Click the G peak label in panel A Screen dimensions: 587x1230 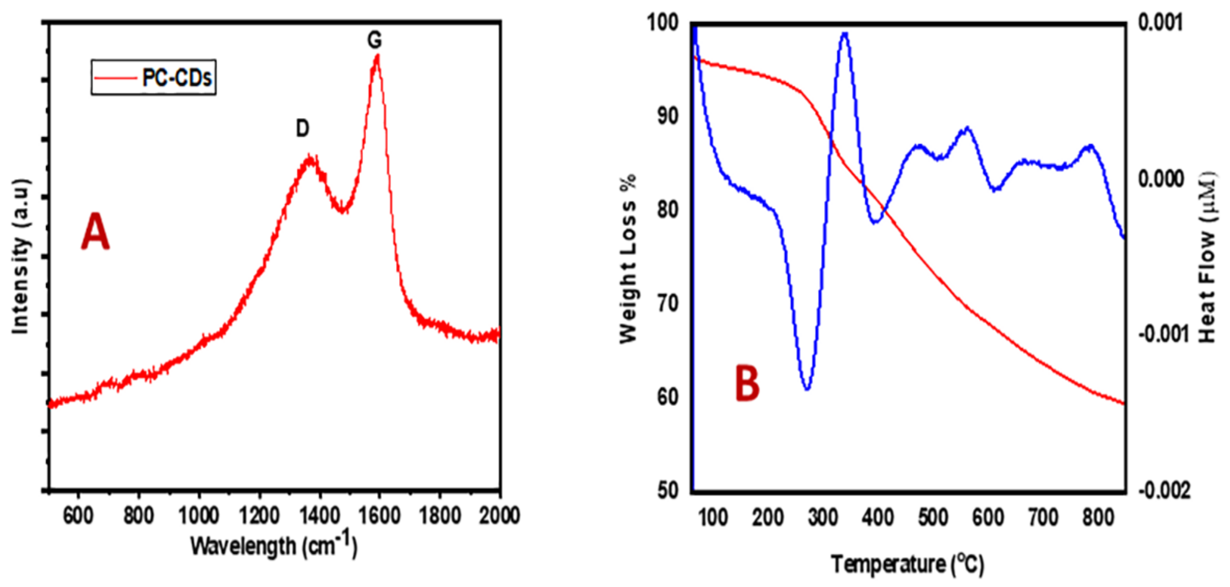pos(375,40)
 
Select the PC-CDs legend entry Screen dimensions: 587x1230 pos(153,77)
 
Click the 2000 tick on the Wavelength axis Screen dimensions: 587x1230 pos(499,516)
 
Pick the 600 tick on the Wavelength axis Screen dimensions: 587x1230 pos(78,516)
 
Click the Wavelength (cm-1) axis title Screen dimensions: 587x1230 pos(274,545)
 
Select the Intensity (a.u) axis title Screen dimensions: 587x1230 pos(20,257)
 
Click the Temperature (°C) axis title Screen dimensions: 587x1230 pos(907,565)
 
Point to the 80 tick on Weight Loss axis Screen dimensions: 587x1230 pos(668,210)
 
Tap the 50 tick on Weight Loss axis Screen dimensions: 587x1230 pos(668,490)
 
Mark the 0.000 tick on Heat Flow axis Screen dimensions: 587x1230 pos(1161,179)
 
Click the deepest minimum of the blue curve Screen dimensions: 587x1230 pos(807,389)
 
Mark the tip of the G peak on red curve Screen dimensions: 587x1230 pos(377,56)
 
